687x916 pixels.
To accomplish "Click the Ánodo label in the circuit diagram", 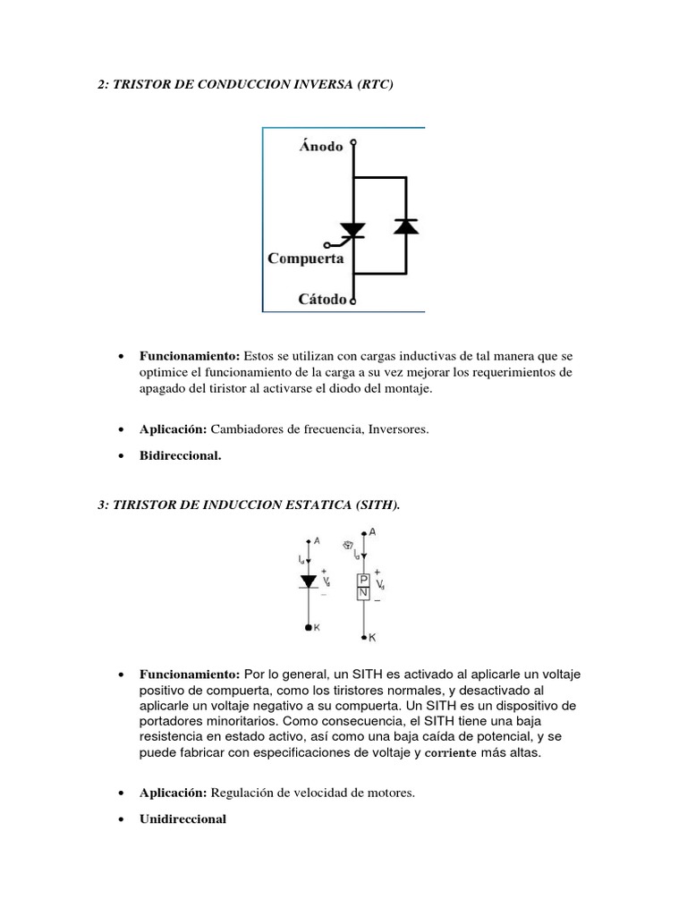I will [320, 147].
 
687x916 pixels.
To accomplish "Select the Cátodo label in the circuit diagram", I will [322, 300].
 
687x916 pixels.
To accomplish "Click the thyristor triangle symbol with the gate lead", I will [353, 230].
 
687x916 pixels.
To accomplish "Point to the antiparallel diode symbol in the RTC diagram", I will [406, 225].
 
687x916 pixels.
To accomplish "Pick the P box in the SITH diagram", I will [364, 579].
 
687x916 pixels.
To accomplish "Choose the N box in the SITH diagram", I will [364, 592].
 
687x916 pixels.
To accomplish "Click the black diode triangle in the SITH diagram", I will [310, 581].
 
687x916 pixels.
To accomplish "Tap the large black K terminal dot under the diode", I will [310, 629].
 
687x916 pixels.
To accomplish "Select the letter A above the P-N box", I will [372, 532].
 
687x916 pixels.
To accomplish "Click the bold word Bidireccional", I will [180, 455].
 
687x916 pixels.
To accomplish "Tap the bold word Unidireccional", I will [182, 818].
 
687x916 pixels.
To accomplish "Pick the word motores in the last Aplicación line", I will [390, 793].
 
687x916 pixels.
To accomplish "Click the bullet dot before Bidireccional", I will [120, 456].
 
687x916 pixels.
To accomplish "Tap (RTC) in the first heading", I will [373, 84].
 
